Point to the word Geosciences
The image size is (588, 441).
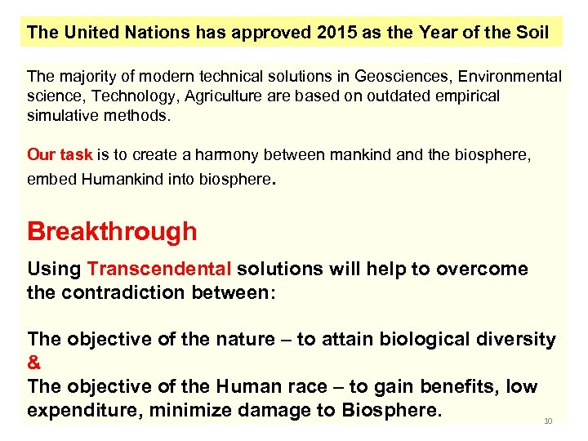coord(402,78)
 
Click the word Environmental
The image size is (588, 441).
coord(510,78)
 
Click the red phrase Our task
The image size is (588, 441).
coord(60,154)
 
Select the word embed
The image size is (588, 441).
coord(51,179)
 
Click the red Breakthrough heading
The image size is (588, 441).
coord(112,232)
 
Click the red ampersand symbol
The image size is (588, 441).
coord(33,362)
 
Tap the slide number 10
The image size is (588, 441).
coord(548,421)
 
